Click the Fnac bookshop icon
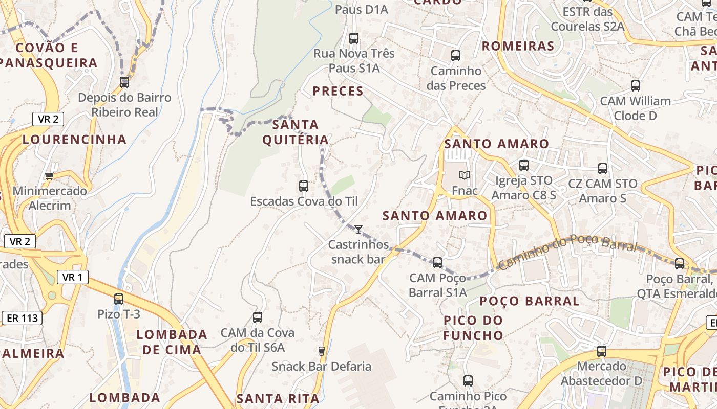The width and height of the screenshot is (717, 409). (465, 175)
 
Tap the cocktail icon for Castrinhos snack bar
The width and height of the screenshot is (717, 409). (358, 229)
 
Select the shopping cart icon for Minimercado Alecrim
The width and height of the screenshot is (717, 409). (49, 176)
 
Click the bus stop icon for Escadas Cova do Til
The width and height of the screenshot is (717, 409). (304, 186)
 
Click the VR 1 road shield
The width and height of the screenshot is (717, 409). (72, 277)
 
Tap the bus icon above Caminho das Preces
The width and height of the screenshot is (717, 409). (456, 56)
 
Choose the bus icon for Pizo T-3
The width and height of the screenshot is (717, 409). (119, 299)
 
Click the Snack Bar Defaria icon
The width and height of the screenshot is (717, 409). (322, 351)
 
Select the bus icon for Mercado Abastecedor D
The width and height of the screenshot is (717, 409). (602, 351)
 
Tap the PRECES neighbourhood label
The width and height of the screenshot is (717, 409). (338, 92)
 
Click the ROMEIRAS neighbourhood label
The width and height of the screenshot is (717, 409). (518, 46)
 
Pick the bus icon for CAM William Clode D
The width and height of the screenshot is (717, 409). (636, 86)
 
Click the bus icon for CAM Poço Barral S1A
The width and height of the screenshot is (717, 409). (437, 263)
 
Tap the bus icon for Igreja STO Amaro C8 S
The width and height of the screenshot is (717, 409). (524, 165)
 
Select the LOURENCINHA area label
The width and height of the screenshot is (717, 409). (75, 139)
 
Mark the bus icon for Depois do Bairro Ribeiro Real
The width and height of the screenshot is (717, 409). (124, 82)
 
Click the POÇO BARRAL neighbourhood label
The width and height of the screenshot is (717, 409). (530, 301)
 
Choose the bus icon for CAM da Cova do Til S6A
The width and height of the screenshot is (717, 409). (258, 317)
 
